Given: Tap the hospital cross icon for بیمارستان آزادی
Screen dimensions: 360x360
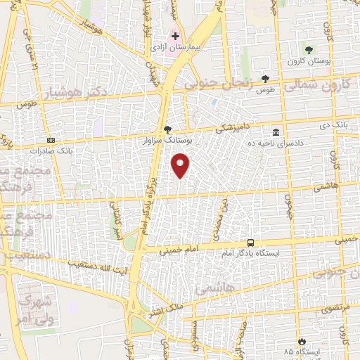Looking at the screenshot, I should coord(175,36).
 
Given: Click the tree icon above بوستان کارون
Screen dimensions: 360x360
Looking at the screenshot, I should coord(308,49).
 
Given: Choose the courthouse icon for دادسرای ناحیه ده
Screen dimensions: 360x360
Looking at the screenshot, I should coord(275,132).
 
